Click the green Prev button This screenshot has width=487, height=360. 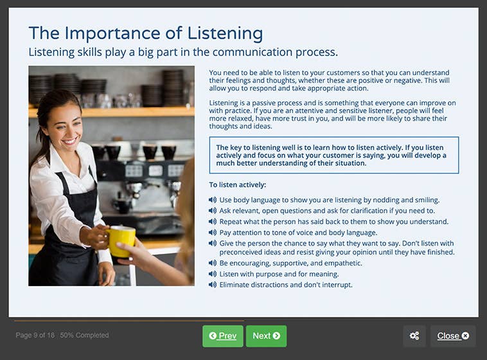point(223,336)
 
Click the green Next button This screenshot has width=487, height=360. point(266,336)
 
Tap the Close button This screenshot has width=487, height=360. point(453,336)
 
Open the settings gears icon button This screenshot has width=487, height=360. point(414,336)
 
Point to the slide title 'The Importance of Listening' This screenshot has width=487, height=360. point(146,33)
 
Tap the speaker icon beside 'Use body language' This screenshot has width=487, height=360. point(213,200)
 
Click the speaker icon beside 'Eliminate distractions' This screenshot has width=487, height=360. point(213,285)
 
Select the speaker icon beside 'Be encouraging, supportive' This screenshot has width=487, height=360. point(213,263)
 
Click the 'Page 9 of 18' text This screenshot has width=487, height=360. point(35,336)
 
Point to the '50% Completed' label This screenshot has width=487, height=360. point(85,336)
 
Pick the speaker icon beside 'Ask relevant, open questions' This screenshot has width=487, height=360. point(213,211)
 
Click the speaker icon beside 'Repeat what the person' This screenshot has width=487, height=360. point(213,222)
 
